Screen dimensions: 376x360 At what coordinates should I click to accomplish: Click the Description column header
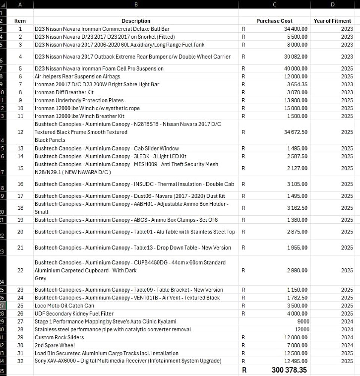point(136,21)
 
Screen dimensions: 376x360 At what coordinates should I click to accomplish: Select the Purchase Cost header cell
point(274,21)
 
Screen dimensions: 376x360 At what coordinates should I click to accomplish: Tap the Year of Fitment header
point(332,21)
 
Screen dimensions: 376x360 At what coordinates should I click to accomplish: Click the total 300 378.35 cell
point(289,370)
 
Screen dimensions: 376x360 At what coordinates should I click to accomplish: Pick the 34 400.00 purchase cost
point(295,29)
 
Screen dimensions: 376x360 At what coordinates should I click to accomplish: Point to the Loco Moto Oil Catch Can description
point(64,305)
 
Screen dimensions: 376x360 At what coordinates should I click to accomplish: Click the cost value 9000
point(303,322)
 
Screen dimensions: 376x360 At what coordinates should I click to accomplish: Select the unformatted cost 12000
point(301,329)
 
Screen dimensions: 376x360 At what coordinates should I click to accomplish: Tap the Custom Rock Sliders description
point(59,337)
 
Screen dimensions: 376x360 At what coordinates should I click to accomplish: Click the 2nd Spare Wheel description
point(55,345)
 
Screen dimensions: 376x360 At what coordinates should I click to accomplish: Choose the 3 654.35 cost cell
point(297,84)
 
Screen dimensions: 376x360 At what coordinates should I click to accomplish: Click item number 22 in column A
point(20,270)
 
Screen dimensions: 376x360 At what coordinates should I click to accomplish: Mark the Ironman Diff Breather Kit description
point(64,92)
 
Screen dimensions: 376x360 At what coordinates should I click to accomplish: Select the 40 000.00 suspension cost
point(295,69)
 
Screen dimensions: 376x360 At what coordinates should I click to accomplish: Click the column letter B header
point(136,5)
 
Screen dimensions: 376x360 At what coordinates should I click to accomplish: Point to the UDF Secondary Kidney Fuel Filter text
point(74,313)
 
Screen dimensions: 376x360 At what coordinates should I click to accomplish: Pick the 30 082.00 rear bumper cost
point(295,57)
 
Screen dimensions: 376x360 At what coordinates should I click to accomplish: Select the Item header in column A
point(20,21)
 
